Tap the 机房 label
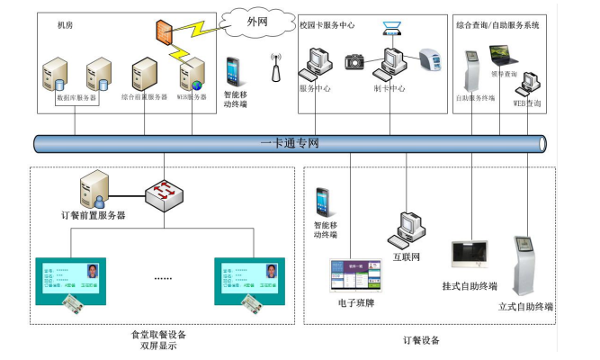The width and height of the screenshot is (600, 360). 64,25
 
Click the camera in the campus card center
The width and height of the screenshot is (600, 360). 354,61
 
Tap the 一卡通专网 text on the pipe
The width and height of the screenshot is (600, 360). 290,143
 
